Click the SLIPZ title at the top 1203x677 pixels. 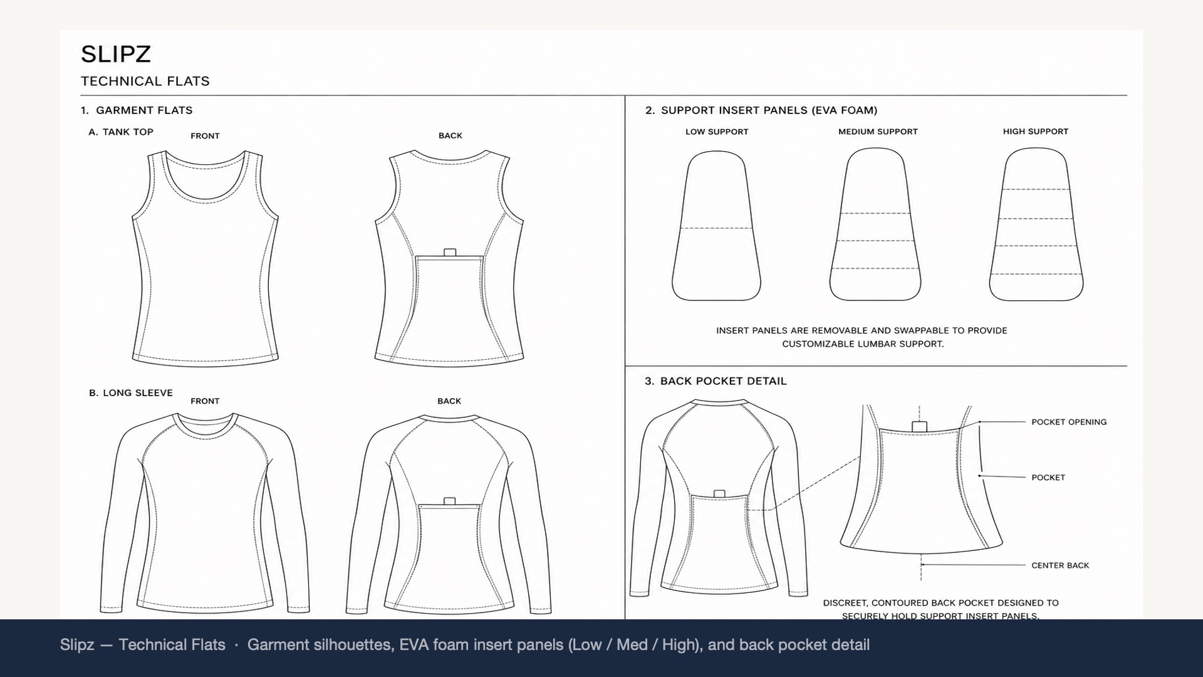click(116, 55)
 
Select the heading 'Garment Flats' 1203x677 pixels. click(144, 110)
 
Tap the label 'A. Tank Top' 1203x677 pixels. click(121, 132)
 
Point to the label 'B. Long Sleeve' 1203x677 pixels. click(130, 393)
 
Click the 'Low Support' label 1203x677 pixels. click(717, 132)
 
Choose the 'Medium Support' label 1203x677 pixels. click(878, 132)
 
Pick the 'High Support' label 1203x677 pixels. click(1036, 132)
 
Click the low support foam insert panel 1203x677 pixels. click(717, 226)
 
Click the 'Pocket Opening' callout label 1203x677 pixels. click(1069, 422)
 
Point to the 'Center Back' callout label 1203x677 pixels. click(1060, 565)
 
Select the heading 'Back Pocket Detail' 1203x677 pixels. click(724, 381)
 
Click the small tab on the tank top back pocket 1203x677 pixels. click(450, 253)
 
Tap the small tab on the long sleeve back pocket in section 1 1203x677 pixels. click(449, 501)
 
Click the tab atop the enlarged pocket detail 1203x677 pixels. click(919, 427)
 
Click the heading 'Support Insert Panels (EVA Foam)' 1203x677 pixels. click(769, 110)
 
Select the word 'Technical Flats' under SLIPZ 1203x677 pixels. click(145, 81)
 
